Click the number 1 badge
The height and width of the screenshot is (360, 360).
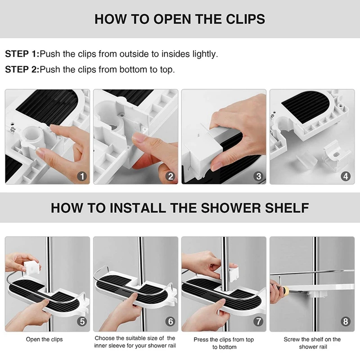[x=82, y=176]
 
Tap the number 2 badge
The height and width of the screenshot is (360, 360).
[x=171, y=176]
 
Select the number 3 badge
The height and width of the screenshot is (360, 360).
[x=258, y=176]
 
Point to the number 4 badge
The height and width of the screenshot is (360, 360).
[x=346, y=176]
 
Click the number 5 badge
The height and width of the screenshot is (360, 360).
[x=82, y=321]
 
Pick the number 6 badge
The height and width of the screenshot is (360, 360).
[x=171, y=321]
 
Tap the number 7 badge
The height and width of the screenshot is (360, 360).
[x=258, y=321]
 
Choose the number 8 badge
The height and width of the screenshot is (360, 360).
[x=346, y=321]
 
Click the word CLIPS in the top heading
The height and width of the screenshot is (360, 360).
[x=245, y=19]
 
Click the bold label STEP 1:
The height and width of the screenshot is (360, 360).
[x=22, y=54]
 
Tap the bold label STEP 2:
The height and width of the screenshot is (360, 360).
[x=22, y=69]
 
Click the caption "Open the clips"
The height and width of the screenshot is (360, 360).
[x=44, y=339]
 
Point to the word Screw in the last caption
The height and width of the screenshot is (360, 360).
[x=292, y=339]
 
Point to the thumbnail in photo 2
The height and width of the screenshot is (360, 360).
[x=139, y=138]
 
